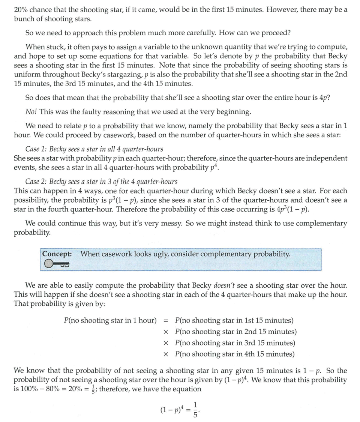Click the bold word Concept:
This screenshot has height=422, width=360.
click(x=57, y=254)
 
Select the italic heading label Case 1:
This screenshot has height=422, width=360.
click(x=36, y=149)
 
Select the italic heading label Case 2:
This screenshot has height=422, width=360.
click(x=36, y=182)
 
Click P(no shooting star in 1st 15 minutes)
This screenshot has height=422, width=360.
click(x=234, y=321)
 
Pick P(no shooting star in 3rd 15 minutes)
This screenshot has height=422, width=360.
click(x=235, y=343)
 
